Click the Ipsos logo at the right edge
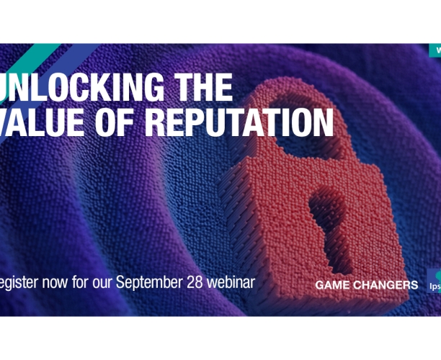(x=434, y=282)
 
